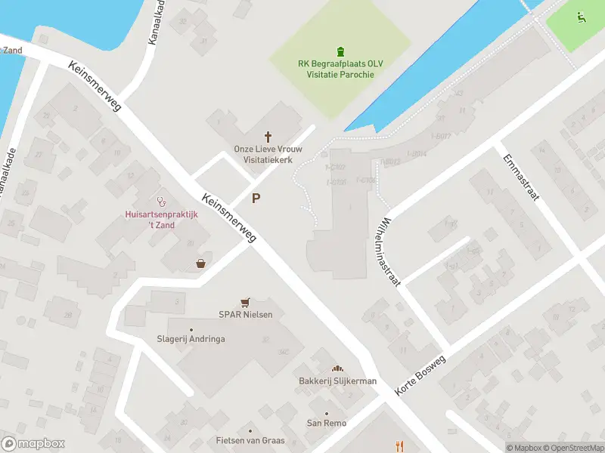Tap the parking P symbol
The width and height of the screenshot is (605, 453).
click(x=256, y=199)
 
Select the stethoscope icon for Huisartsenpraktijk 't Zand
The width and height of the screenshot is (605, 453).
click(x=160, y=202)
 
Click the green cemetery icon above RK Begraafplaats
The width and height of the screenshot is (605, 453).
click(x=340, y=51)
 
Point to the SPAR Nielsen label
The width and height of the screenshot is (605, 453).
click(x=245, y=314)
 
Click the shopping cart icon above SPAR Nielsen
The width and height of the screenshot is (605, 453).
click(x=245, y=302)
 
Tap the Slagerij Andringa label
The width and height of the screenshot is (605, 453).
click(x=191, y=339)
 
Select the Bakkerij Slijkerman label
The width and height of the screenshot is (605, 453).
click(x=337, y=381)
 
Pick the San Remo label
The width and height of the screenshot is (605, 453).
click(x=326, y=423)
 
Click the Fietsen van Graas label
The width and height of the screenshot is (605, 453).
click(x=250, y=440)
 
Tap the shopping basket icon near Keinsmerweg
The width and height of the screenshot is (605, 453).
click(x=200, y=263)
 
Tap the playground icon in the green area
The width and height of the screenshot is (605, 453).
click(x=581, y=16)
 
